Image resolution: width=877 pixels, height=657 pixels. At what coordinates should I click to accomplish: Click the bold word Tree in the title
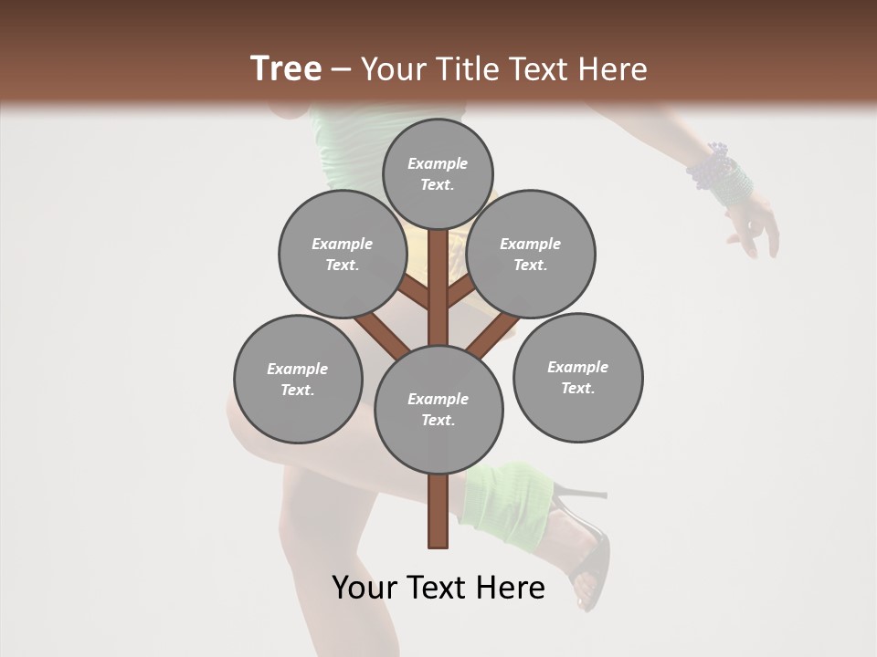pos(286,68)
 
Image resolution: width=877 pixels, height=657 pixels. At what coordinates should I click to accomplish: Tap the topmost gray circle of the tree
pos(438,173)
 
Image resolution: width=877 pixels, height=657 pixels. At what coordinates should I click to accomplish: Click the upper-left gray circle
pos(343,254)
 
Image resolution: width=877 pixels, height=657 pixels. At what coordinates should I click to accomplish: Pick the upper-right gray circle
pos(531,254)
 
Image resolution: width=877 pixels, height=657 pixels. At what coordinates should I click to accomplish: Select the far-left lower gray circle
pos(298,379)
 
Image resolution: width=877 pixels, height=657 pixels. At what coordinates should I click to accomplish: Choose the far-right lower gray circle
pos(577,377)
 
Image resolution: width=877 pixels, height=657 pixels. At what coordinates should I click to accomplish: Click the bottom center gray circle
pos(438,409)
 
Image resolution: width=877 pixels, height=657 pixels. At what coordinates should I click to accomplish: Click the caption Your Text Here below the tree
pos(438,588)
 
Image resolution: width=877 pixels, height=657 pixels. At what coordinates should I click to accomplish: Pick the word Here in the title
pos(613,68)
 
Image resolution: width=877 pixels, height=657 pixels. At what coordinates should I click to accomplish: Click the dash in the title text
pos(342,69)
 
